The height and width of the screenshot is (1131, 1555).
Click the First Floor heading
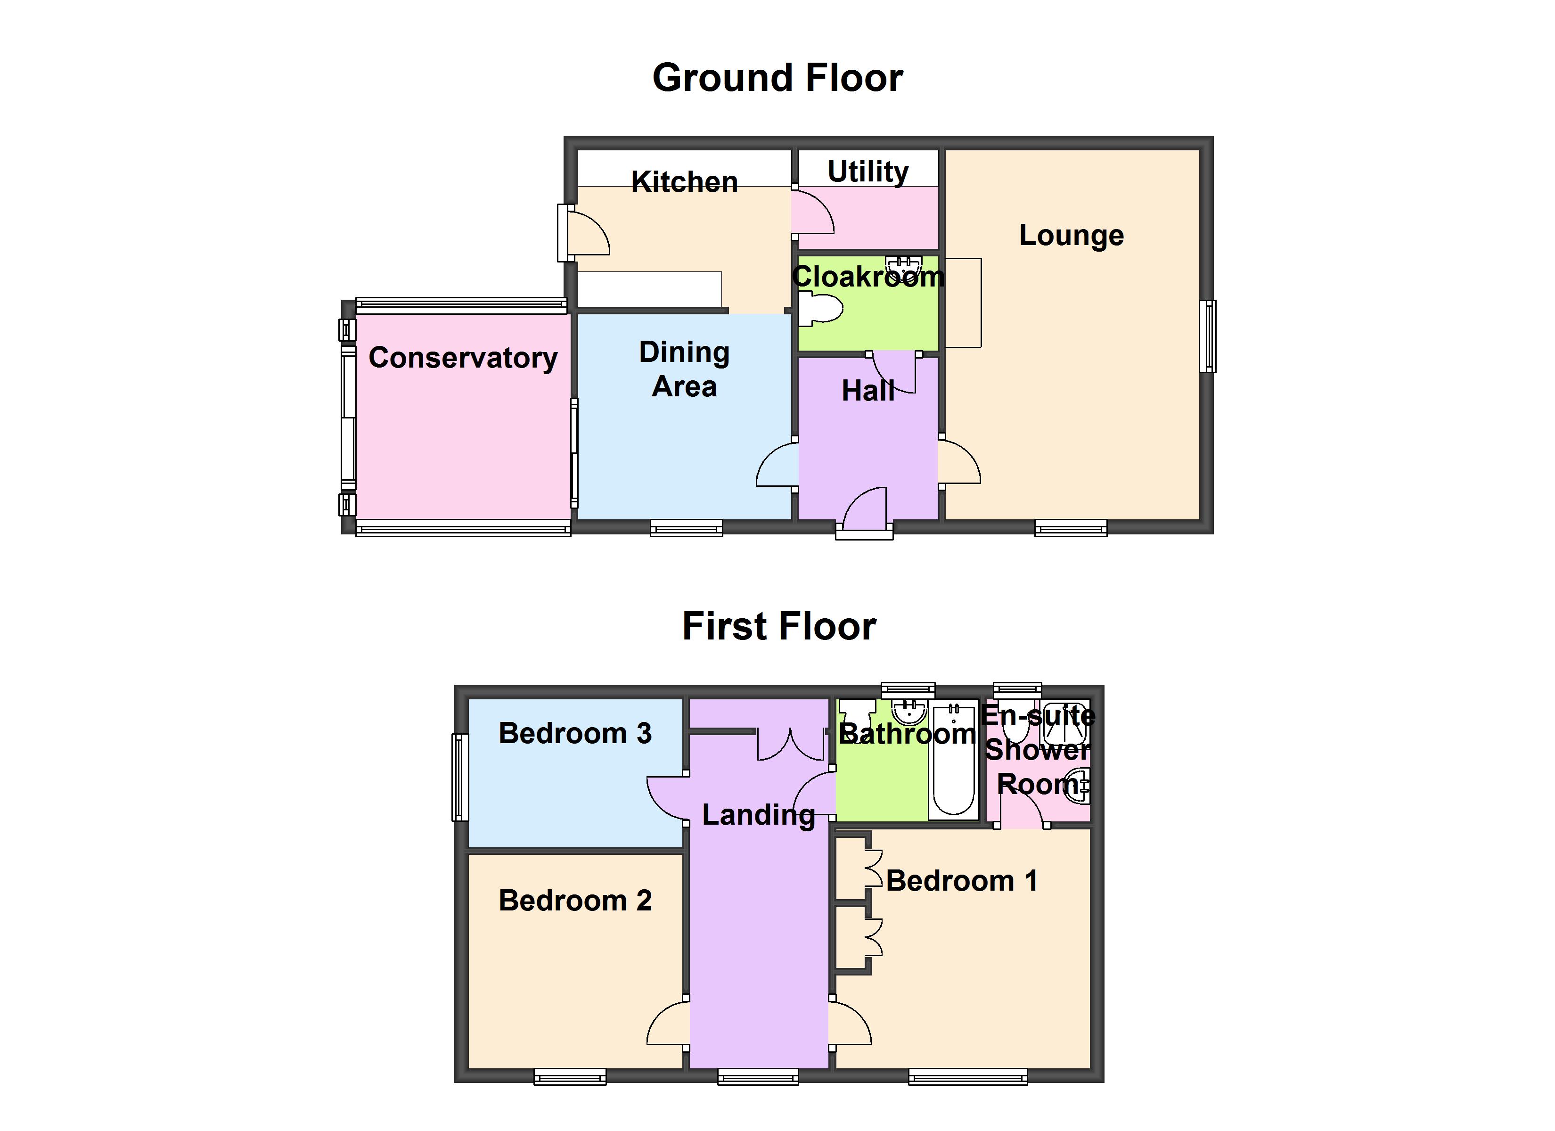pos(779,626)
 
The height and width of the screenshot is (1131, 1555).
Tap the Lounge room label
pos(1071,235)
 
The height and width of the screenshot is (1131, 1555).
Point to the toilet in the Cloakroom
pos(821,309)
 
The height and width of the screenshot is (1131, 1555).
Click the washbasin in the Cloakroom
pos(904,264)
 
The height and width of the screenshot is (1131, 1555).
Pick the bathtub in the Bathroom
pos(953,762)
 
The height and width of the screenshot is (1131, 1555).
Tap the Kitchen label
pos(684,182)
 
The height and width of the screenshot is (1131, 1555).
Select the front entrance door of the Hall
pos(865,510)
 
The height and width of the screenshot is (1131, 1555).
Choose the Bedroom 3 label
pos(574,733)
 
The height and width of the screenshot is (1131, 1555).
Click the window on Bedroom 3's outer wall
pos(460,777)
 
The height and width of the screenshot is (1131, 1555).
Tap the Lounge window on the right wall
pos(1207,336)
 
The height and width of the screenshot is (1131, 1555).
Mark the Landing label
pos(758,815)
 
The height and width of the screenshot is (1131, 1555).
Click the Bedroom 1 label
pos(961,881)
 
